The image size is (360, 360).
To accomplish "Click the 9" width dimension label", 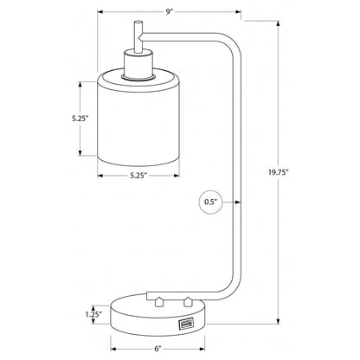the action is tap(170, 12).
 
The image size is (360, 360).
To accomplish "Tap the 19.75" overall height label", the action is tap(279, 172).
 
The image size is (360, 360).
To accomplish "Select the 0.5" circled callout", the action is tap(211, 202).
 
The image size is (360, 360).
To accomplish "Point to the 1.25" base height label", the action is tap(93, 314).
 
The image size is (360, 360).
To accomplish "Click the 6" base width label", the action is tap(157, 349).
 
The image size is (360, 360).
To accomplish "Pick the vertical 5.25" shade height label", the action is tap(80, 118).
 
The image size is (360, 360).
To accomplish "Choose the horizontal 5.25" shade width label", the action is tap(138, 176).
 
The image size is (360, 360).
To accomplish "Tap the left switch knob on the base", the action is tap(157, 301).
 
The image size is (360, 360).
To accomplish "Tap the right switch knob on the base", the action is tap(188, 301).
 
